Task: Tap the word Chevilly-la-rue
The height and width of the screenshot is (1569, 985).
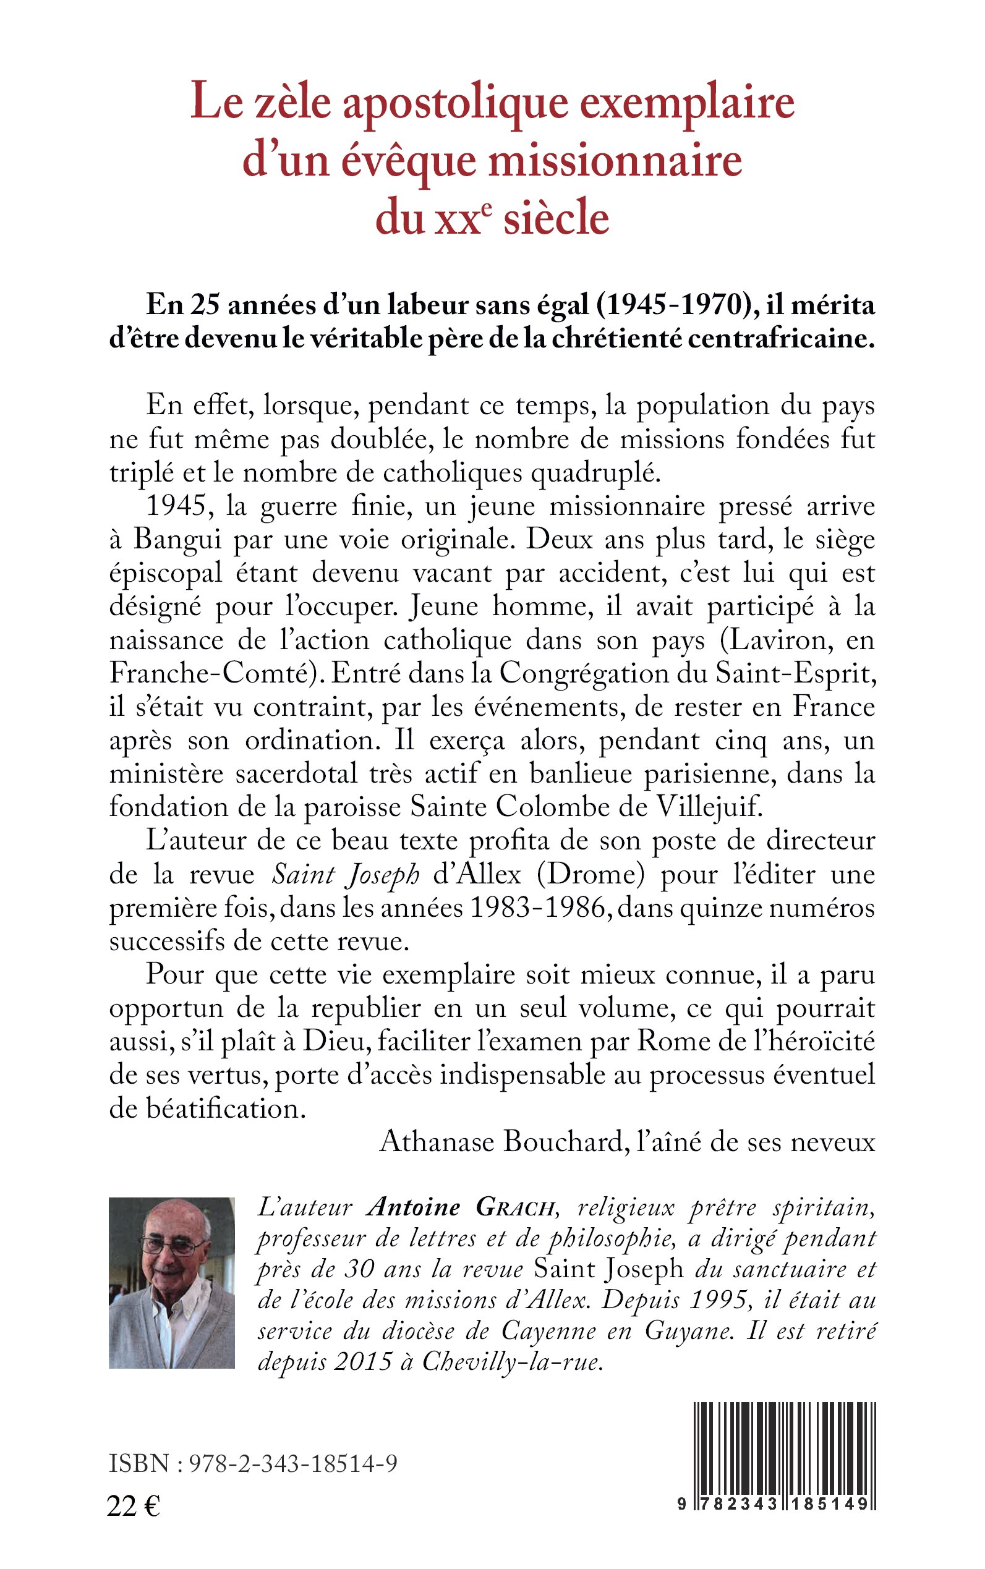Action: pyautogui.click(x=510, y=1363)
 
